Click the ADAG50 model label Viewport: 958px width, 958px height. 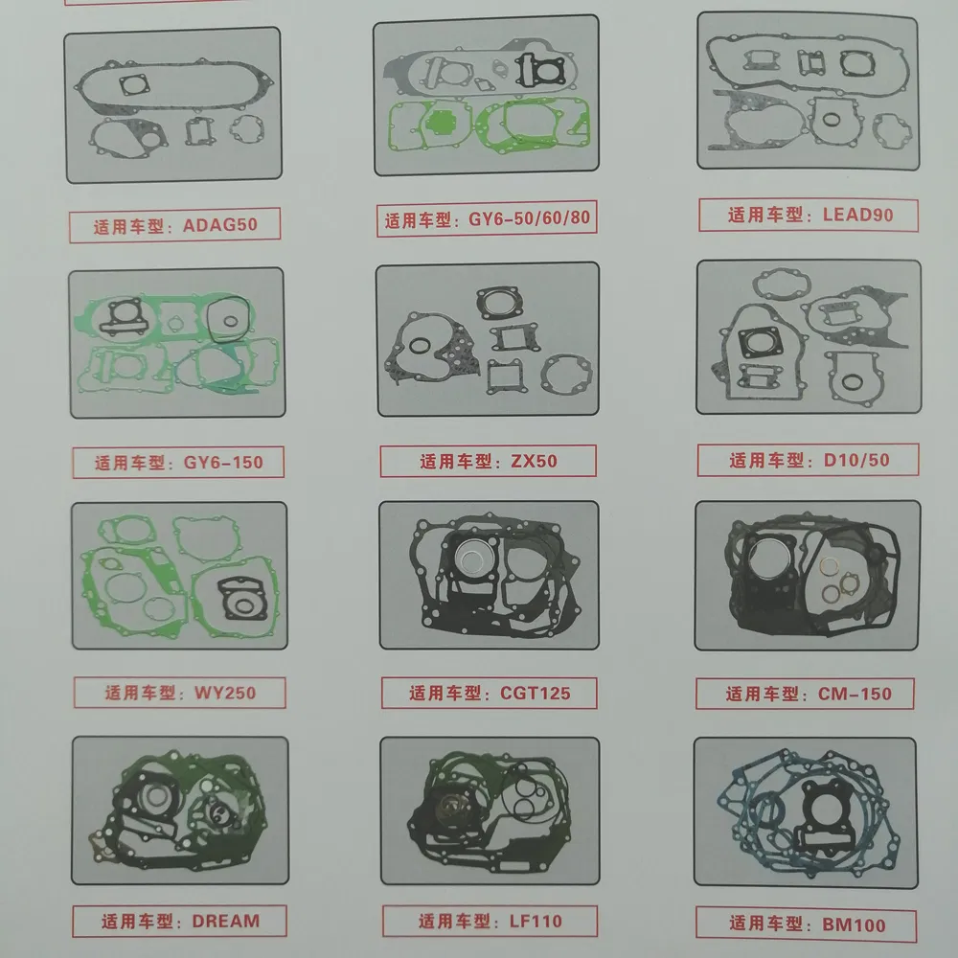tap(220, 225)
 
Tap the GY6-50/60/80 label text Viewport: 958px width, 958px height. tap(529, 218)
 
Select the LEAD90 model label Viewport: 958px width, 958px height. tap(857, 215)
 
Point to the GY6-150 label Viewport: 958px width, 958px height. tap(223, 462)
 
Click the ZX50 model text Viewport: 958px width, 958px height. tap(534, 461)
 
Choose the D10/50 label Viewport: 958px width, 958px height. tap(856, 460)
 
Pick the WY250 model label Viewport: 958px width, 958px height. tap(225, 693)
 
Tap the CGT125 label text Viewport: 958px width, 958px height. tap(536, 693)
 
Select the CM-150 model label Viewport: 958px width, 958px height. tap(855, 694)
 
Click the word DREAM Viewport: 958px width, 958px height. tap(226, 921)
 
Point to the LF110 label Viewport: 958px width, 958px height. tap(536, 921)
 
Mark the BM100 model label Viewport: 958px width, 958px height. tap(854, 924)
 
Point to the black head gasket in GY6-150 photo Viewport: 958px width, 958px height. tap(124, 316)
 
